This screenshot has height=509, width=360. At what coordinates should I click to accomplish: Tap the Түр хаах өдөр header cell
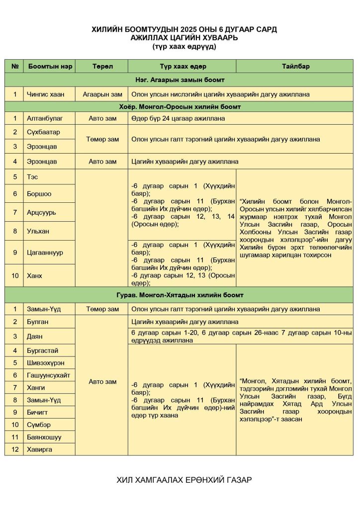click(182, 67)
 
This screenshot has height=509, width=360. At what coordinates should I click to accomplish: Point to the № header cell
click(14, 67)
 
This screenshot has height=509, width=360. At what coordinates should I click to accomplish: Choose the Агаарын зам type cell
click(102, 94)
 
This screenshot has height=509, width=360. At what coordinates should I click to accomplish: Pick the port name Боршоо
click(39, 194)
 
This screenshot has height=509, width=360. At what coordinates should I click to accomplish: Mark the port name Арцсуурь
click(42, 212)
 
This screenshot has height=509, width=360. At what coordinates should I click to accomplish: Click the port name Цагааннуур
click(45, 253)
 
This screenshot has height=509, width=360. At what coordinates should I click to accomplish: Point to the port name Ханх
click(35, 276)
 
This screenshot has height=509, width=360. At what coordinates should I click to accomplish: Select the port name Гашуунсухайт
click(49, 375)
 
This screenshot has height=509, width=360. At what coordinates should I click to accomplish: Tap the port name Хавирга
click(39, 449)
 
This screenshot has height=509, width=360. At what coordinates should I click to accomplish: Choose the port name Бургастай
click(43, 350)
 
